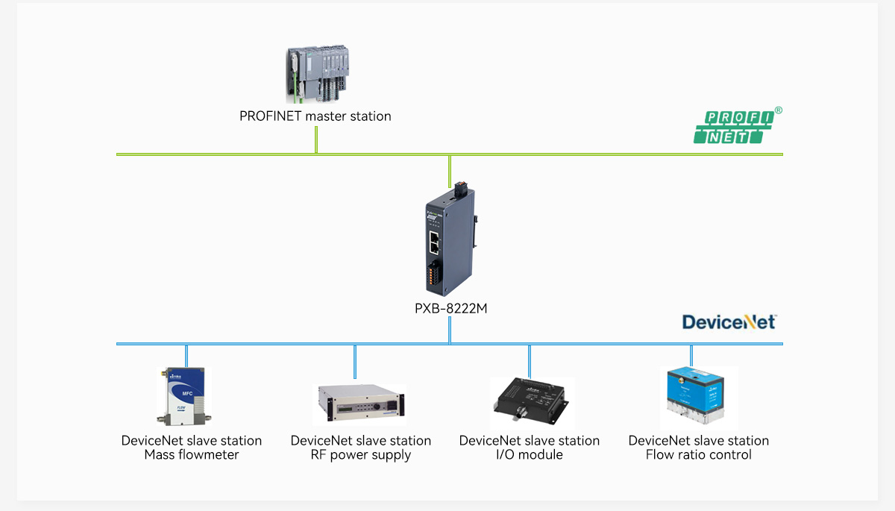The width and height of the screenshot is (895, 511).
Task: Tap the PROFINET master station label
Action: [x=315, y=116]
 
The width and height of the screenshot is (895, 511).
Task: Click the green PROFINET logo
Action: [x=734, y=127]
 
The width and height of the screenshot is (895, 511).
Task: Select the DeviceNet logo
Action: [x=729, y=322]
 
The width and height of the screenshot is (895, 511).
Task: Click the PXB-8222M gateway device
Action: [x=450, y=239]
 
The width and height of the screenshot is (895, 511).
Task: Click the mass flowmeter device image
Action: [x=180, y=395]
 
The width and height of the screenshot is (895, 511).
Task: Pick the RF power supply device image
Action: [x=359, y=404]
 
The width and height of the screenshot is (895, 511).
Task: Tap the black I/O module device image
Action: [x=530, y=399]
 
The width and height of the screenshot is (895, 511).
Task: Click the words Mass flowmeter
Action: [x=192, y=455]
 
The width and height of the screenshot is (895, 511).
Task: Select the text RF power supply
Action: [x=361, y=455]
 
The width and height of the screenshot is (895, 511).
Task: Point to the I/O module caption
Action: [x=530, y=455]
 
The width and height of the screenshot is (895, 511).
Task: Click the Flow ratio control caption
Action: [x=699, y=455]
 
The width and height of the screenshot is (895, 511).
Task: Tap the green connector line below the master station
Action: [x=316, y=139]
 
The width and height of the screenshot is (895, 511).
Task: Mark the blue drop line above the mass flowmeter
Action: [x=186, y=355]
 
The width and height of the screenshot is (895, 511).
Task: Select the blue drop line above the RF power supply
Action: [x=355, y=361]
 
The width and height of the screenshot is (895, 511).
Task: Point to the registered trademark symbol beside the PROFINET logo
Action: [x=779, y=110]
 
